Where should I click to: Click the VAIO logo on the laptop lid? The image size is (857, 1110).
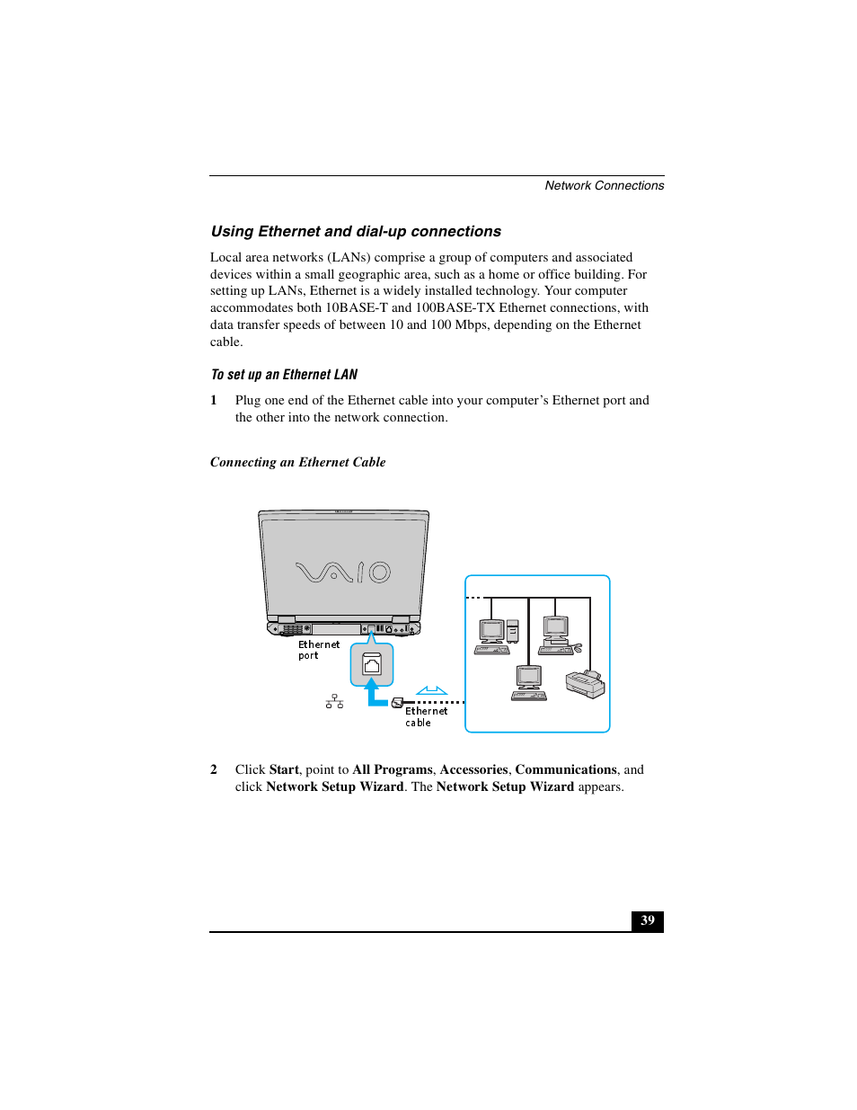[343, 572]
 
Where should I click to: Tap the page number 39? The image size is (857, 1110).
[648, 920]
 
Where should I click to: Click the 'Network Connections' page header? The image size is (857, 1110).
[604, 186]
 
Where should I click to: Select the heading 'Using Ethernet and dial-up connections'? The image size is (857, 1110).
[356, 232]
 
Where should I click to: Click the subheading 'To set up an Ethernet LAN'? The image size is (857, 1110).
[284, 375]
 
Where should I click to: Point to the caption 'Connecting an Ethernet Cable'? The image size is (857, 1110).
[297, 462]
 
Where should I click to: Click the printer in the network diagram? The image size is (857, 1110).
[585, 684]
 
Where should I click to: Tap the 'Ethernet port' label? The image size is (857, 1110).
[318, 650]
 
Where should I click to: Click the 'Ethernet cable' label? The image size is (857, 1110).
[425, 716]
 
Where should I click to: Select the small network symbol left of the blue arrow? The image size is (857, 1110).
[334, 701]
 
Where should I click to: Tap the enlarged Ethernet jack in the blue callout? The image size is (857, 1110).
[372, 664]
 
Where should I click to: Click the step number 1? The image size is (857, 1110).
[214, 401]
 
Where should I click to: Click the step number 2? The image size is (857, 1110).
[214, 770]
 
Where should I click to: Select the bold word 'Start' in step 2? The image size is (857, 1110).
[284, 770]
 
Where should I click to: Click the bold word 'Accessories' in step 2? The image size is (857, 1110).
[473, 770]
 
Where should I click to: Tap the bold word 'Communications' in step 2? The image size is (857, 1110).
[565, 770]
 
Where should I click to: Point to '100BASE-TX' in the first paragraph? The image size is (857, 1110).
[455, 308]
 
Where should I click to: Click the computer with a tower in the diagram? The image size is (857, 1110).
[497, 636]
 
